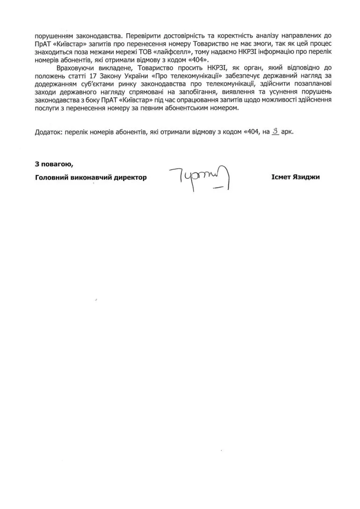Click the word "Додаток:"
coord(49,132)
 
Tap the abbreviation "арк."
coord(288,132)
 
